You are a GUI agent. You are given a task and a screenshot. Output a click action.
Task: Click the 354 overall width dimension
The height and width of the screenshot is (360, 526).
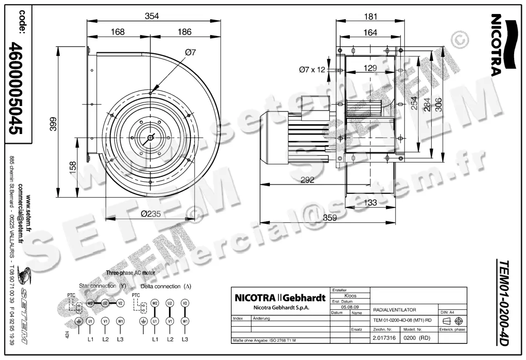click(x=152, y=16)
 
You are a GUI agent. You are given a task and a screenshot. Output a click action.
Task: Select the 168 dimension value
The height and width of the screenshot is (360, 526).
click(x=117, y=32)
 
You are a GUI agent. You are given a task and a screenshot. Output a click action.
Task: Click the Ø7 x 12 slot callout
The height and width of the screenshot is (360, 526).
click(x=312, y=69)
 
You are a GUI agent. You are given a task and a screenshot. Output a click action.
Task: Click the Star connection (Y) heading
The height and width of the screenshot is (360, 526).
click(x=103, y=286)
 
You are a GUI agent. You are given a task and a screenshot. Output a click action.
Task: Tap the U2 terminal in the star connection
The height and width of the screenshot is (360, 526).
click(x=105, y=303)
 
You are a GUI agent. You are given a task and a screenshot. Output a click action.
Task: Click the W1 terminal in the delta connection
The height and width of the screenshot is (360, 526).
click(x=185, y=321)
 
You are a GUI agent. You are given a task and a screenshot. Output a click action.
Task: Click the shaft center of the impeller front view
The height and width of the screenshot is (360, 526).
click(x=150, y=138)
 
